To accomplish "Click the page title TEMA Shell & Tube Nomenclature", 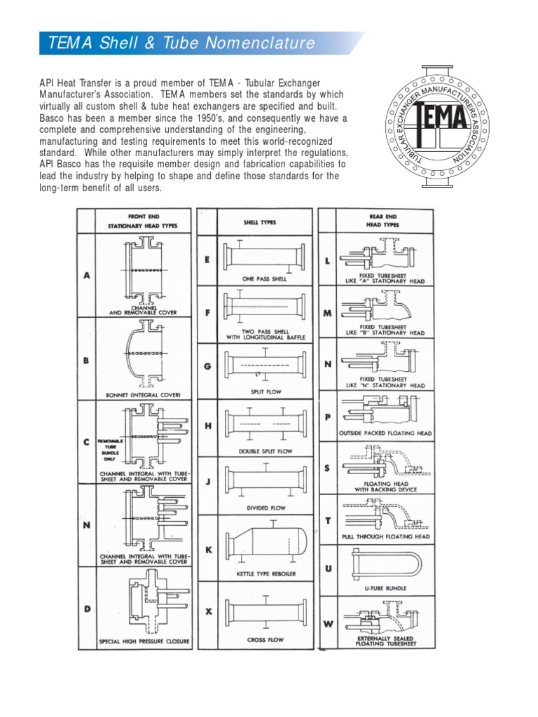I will (182, 43).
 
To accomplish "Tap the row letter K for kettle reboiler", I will (207, 550).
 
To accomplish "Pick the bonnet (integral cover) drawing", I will (146, 353).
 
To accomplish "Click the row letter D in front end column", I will (87, 608).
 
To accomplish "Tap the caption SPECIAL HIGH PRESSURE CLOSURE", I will (145, 641).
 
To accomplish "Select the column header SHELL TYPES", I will (259, 223).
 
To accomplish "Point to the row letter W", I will (328, 623).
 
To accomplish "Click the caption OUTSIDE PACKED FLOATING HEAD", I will (386, 433).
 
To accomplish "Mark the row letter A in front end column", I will (87, 276).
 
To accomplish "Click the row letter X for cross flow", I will (207, 611).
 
